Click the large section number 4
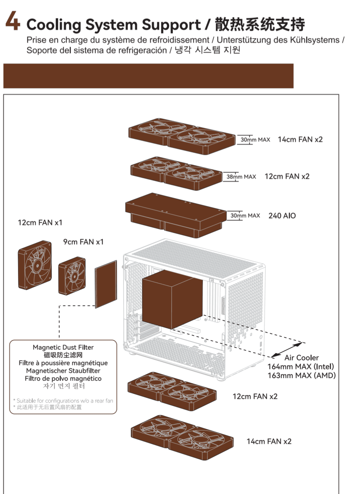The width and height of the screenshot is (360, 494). [13, 21]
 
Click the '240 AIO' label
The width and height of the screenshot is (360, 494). [282, 216]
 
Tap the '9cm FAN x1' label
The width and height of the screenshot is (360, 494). [83, 242]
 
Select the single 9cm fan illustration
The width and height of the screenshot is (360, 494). [72, 276]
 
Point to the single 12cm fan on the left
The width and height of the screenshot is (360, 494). [35, 265]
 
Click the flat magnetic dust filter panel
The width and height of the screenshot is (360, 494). [106, 284]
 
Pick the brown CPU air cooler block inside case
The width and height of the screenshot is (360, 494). [172, 299]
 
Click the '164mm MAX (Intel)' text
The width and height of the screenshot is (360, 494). [300, 367]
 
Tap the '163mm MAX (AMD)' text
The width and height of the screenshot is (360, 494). [301, 376]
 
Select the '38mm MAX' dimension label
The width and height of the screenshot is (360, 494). [241, 177]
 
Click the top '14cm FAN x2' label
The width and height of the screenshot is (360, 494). [300, 139]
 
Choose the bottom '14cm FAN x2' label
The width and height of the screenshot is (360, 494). [269, 441]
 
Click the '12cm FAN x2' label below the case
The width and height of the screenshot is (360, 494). [255, 396]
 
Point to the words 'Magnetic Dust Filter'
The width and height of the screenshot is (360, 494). [63, 347]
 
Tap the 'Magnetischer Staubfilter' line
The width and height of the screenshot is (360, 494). [63, 371]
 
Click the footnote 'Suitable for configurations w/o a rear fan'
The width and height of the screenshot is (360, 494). [65, 401]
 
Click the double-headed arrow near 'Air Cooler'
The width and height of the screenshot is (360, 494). [288, 350]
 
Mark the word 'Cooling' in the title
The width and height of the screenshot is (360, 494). [53, 25]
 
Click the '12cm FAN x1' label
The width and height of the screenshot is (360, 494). [40, 222]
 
